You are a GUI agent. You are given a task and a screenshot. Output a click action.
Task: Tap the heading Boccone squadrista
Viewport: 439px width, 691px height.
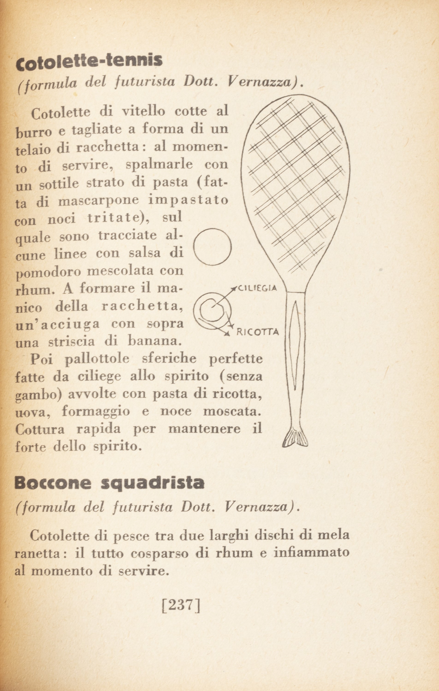click(x=109, y=483)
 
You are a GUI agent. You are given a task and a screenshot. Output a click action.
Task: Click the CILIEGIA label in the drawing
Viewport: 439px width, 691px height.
click(x=257, y=288)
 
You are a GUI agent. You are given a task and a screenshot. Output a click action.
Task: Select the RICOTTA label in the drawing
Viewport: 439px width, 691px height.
click(x=257, y=332)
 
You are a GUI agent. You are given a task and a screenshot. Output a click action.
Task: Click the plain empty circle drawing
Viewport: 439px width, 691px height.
click(x=212, y=246)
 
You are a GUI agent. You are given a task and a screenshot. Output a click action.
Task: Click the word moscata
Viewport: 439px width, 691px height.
click(x=232, y=411)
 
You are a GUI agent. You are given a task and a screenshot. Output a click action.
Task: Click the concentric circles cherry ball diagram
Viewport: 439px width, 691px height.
click(x=212, y=311)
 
